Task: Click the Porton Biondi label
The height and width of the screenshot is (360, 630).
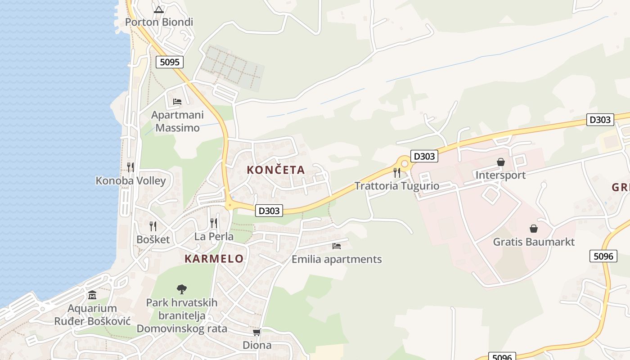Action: [159, 22]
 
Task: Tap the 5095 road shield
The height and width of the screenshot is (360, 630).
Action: [170, 62]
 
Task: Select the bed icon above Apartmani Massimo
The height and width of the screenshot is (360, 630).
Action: [177, 102]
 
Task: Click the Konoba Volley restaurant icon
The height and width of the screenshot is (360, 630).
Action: [130, 167]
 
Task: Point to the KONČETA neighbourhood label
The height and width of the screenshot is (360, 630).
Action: [276, 170]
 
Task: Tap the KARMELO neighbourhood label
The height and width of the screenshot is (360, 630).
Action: [214, 259]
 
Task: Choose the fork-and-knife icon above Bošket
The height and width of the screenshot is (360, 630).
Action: [153, 226]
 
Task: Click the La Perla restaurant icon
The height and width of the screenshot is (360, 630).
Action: [214, 223]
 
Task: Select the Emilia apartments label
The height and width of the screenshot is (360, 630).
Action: [337, 259]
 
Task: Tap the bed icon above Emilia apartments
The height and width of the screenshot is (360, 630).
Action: [337, 246]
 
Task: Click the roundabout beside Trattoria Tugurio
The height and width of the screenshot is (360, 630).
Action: [405, 164]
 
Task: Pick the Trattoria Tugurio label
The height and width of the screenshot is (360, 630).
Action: [397, 186]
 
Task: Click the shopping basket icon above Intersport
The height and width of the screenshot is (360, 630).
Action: [500, 162]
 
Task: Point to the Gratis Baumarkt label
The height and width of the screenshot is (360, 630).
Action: [534, 242]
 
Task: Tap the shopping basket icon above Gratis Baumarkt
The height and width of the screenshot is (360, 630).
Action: [534, 229]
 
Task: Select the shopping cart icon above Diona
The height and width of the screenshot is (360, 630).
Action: [257, 332]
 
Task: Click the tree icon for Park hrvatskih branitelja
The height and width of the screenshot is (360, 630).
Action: [182, 289]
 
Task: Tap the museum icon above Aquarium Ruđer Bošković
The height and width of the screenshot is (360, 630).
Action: [92, 295]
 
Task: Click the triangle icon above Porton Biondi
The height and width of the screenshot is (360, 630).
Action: [158, 9]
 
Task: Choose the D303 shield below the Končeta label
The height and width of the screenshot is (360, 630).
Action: [269, 210]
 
